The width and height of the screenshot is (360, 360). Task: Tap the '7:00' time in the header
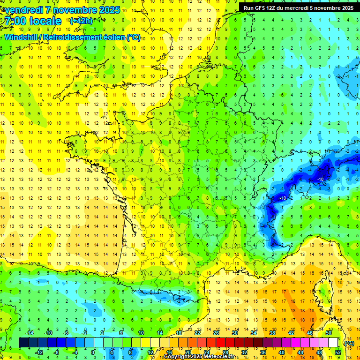pyautogui.click(x=15, y=21)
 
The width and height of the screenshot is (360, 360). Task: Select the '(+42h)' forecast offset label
pyautogui.click(x=81, y=21)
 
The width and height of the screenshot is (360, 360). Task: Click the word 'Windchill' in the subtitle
pyautogui.click(x=22, y=37)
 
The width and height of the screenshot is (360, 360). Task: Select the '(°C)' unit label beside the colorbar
pyautogui.click(x=348, y=343)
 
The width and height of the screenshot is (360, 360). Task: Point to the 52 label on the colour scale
pyautogui.click(x=337, y=352)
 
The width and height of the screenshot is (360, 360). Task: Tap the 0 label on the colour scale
pyautogui.click(x=92, y=352)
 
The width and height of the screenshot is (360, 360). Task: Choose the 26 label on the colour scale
pyautogui.click(x=216, y=333)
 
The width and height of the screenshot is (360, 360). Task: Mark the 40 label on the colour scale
pyautogui.click(x=281, y=352)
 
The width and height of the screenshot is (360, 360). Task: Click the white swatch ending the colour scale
pyautogui.click(x=333, y=343)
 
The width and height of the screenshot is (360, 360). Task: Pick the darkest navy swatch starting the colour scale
pyautogui.click(x=23, y=343)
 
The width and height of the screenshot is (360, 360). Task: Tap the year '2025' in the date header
pyautogui.click(x=109, y=10)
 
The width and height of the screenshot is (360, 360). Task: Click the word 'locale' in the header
pyautogui.click(x=45, y=21)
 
